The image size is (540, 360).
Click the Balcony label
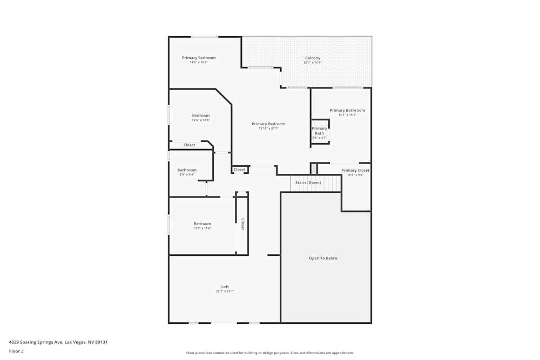312,58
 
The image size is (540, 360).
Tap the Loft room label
225,287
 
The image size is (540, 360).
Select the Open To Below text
323,258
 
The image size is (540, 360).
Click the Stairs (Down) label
308,182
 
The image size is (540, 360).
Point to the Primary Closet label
355,170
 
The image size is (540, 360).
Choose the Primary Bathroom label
347,110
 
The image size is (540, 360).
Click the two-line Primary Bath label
319,131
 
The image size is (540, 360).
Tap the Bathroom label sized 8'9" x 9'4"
187,170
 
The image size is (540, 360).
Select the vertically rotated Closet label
242,224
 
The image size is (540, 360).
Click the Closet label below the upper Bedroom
189,145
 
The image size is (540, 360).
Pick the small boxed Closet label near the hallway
240,169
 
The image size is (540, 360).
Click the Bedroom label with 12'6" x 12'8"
200,115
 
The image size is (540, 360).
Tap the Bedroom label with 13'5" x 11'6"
202,223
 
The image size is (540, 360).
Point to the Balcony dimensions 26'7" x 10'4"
312,63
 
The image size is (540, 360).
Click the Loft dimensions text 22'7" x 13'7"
225,291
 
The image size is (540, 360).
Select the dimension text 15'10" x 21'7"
268,128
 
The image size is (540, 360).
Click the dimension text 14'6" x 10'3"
198,63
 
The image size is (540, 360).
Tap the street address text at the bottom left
58,342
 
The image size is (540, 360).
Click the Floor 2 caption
16,351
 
